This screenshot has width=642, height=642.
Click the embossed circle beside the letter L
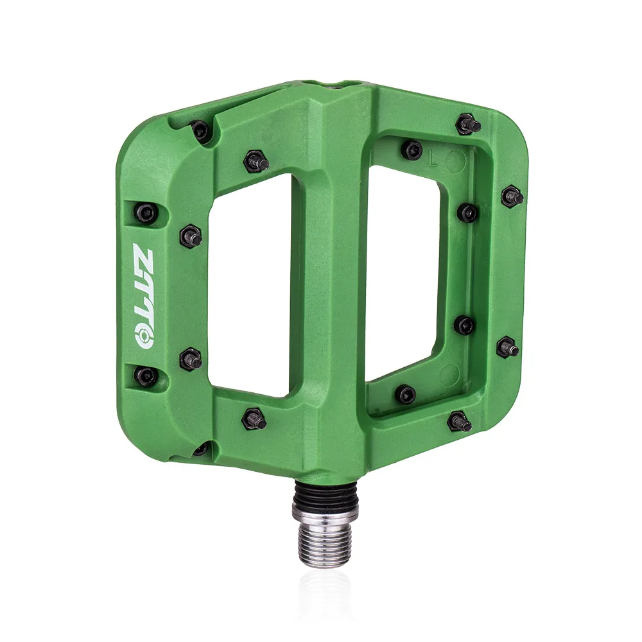455,161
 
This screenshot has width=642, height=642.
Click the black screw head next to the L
412,150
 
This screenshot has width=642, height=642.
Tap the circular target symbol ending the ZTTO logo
144,334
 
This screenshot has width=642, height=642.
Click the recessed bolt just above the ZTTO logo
145,213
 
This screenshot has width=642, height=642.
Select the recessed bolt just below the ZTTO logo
145,376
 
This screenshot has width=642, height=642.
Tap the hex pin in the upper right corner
467,124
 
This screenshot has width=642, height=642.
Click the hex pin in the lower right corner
458,421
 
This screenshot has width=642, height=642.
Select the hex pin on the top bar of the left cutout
256,161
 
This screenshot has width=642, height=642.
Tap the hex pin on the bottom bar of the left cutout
254,419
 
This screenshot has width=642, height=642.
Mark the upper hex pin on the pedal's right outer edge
512,196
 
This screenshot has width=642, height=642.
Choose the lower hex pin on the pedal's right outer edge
508,347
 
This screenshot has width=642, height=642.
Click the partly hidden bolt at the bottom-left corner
201,448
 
